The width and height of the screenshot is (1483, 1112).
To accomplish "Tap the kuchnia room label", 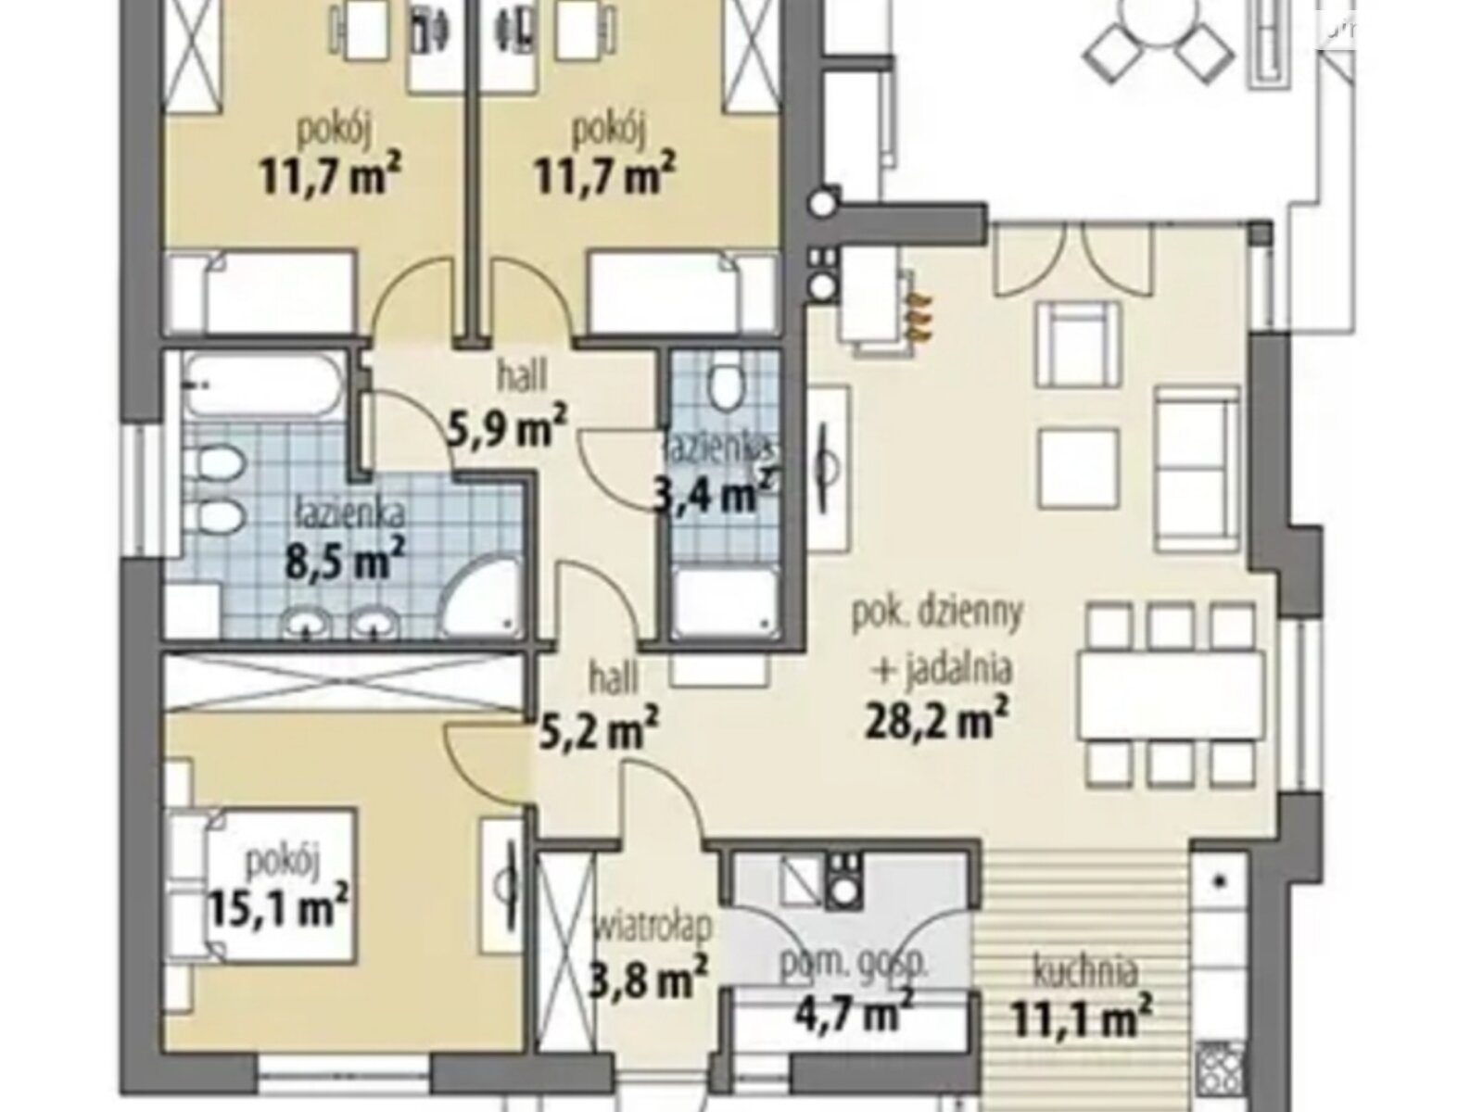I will tap(1084, 972).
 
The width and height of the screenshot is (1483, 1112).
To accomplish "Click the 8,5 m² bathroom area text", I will tap(345, 559).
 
